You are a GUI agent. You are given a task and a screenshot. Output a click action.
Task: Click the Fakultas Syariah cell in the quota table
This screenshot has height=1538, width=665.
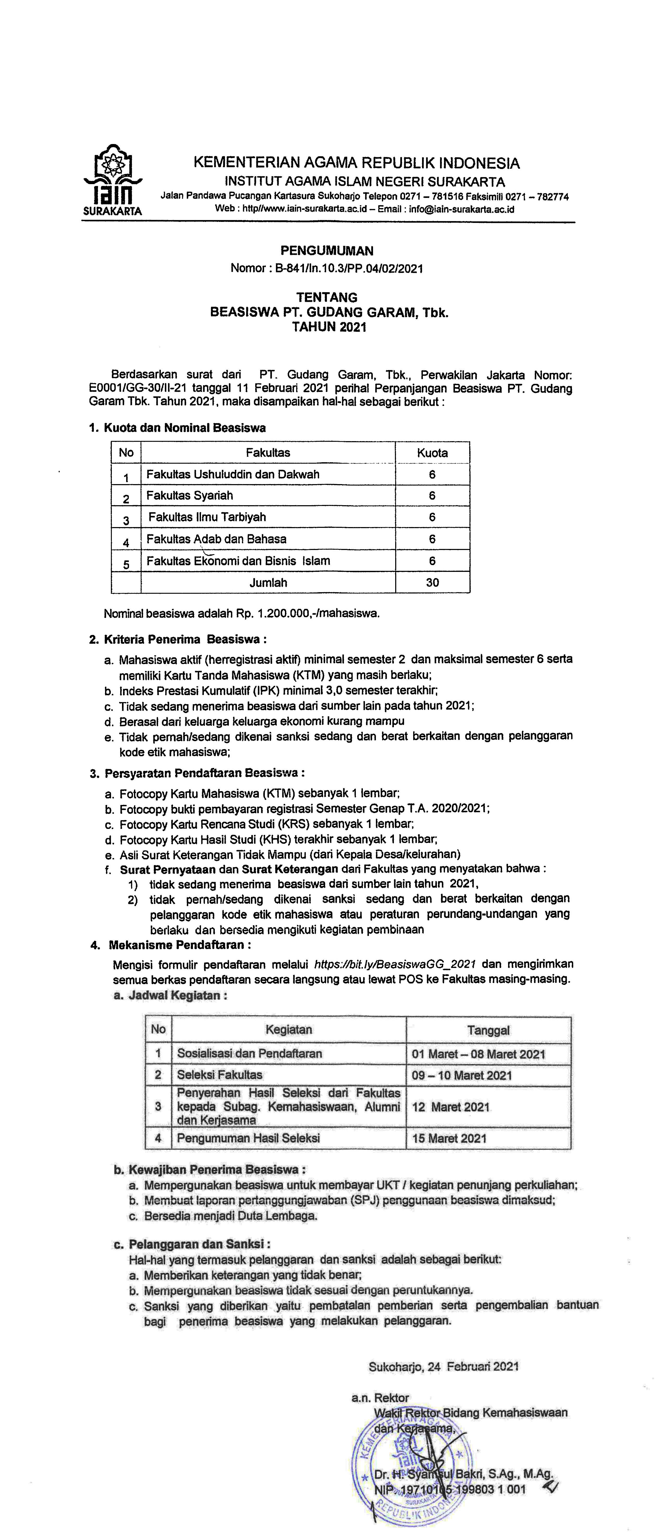[x=190, y=496]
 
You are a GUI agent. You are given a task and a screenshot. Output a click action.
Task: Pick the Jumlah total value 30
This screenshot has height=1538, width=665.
[x=432, y=583]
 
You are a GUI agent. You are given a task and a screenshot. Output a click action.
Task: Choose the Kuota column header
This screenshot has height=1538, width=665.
[x=432, y=453]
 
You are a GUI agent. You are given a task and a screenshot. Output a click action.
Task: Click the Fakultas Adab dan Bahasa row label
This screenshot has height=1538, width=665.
[x=216, y=539]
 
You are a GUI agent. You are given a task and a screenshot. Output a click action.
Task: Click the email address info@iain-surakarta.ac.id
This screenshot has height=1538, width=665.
[x=461, y=210]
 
